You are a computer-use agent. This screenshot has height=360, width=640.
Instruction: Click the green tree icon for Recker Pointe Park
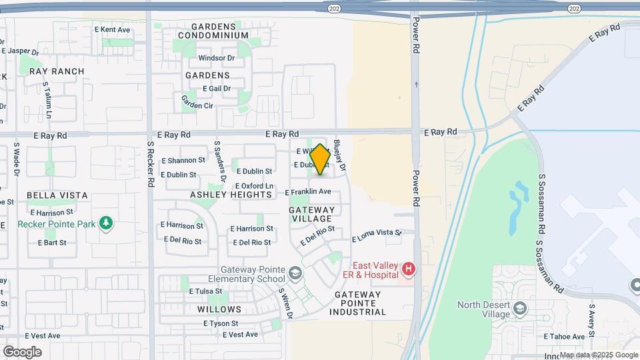[105, 222]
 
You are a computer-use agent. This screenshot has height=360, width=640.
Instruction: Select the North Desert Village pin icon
[521, 309]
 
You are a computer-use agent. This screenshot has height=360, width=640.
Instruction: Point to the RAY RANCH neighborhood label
[57, 71]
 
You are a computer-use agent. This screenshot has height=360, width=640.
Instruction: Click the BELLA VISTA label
[57, 195]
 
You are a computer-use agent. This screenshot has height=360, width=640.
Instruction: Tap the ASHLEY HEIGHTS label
[231, 195]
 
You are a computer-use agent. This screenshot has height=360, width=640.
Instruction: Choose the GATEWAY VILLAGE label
[311, 214]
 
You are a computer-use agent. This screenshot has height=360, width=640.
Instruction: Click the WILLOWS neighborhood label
[219, 309]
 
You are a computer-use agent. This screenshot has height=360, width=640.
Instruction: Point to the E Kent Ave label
[112, 30]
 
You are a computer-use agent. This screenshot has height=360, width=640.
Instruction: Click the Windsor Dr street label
[217, 58]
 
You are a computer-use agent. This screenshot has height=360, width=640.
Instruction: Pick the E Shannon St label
[182, 161]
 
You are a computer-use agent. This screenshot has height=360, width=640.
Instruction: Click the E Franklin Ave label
[308, 192]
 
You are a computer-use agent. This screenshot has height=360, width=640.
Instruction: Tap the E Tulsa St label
[205, 291]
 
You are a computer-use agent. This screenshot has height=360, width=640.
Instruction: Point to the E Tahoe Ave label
[565, 337]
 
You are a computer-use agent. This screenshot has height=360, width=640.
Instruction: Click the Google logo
[22, 352]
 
